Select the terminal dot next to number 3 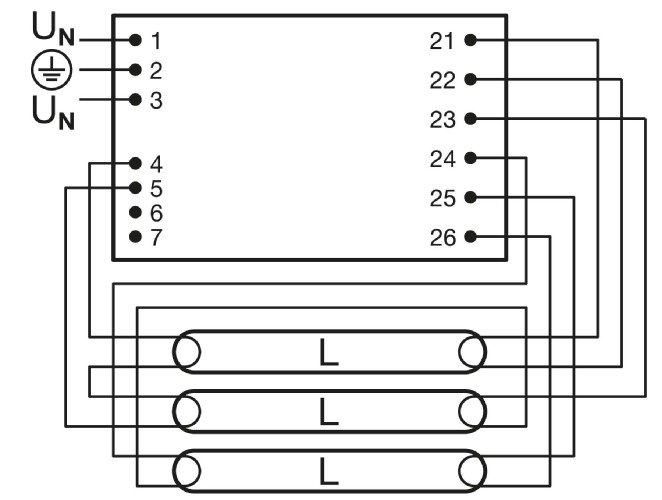pyautogui.click(x=135, y=99)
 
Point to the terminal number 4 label pyautogui.click(x=156, y=164)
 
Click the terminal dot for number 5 pyautogui.click(x=135, y=188)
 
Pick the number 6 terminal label pyautogui.click(x=156, y=213)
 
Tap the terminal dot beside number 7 pyautogui.click(x=135, y=237)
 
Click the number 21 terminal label pyautogui.click(x=441, y=41)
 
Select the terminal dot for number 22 pyautogui.click(x=469, y=80)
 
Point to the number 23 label pyautogui.click(x=441, y=120)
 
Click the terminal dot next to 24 pyautogui.click(x=469, y=158)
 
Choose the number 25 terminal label pyautogui.click(x=441, y=198)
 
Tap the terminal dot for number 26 pyautogui.click(x=469, y=237)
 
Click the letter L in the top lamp pyautogui.click(x=328, y=352)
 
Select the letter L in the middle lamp pyautogui.click(x=328, y=409)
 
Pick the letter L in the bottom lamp pyautogui.click(x=328, y=467)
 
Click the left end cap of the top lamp pyautogui.click(x=186, y=352)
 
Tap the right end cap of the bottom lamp pyautogui.click(x=471, y=467)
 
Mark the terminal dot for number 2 pyautogui.click(x=135, y=70)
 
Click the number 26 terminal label pyautogui.click(x=441, y=237)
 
